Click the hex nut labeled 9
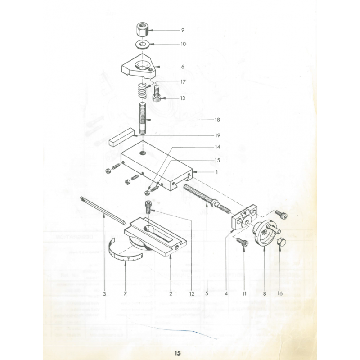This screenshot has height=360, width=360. coord(142,29)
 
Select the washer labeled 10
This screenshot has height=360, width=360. coord(143,44)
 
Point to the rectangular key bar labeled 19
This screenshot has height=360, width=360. coord(121,137)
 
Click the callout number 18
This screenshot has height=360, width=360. coord(217,120)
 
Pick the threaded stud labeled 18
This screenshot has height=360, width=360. coord(143,119)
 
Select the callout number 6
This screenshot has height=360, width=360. coord(183,67)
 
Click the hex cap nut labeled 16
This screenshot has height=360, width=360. coord(281,243)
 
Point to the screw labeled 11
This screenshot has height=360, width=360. coord(243,242)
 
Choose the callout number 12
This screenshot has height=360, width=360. coord(192,293)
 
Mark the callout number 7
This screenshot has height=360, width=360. coord(125,293)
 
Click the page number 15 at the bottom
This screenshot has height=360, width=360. coord(177,353)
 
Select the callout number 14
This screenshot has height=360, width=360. coord(217,147)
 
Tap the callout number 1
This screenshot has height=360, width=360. coord(216,172)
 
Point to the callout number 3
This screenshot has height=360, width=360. coord(104,294)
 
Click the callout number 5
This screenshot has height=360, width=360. coord(207,293)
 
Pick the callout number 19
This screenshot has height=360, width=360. coord(217,135)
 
